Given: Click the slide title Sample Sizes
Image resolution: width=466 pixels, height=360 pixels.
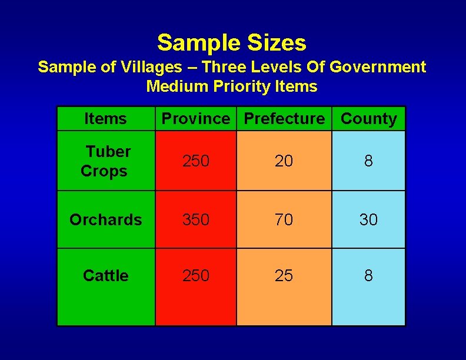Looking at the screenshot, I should pyautogui.click(x=232, y=43).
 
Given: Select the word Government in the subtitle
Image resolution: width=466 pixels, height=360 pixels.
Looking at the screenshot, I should pyautogui.click(x=378, y=67).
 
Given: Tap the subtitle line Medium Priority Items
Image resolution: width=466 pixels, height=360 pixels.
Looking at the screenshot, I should pyautogui.click(x=232, y=86).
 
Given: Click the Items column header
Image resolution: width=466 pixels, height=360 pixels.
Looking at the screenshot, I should pyautogui.click(x=105, y=119).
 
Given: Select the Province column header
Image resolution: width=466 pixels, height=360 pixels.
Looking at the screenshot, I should pyautogui.click(x=196, y=119).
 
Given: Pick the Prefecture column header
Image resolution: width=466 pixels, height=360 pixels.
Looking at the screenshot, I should pyautogui.click(x=284, y=119).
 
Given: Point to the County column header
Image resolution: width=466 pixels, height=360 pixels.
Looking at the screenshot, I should pyautogui.click(x=369, y=119).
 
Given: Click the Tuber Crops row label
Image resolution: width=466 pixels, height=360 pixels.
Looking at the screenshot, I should pyautogui.click(x=105, y=161).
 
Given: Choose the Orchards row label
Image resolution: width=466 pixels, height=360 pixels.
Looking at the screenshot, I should pyautogui.click(x=105, y=220).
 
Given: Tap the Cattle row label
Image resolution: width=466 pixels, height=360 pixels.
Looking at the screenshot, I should pyautogui.click(x=105, y=275).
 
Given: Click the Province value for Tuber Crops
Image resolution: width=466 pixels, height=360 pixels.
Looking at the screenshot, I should pyautogui.click(x=196, y=161).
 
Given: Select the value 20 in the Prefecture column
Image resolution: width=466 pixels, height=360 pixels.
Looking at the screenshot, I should pyautogui.click(x=284, y=161).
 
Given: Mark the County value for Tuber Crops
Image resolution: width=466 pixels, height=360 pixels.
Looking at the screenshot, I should pyautogui.click(x=368, y=161).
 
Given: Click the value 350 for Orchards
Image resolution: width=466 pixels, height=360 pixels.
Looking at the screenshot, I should pyautogui.click(x=196, y=220).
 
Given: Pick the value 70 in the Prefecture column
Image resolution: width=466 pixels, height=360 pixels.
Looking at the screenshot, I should pyautogui.click(x=284, y=220).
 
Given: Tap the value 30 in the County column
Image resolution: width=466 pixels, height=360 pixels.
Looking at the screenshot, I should pyautogui.click(x=368, y=220).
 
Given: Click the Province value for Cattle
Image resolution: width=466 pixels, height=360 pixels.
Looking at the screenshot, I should pyautogui.click(x=196, y=275).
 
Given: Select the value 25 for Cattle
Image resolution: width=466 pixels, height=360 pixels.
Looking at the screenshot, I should pyautogui.click(x=284, y=275).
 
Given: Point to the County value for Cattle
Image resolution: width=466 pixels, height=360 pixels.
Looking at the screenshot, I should pyautogui.click(x=368, y=275).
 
